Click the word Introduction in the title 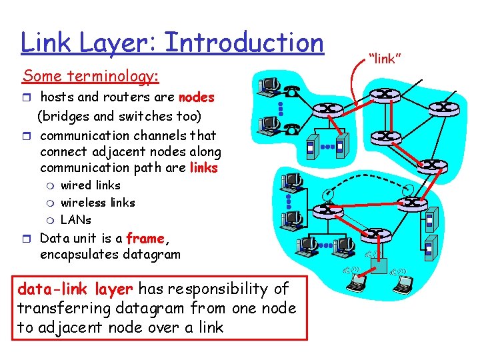click(x=243, y=43)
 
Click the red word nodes click(x=197, y=98)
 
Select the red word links click(x=204, y=168)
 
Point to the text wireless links click(x=97, y=203)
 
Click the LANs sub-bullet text click(x=75, y=220)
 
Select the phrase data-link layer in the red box click(x=75, y=289)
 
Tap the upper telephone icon click(x=290, y=93)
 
